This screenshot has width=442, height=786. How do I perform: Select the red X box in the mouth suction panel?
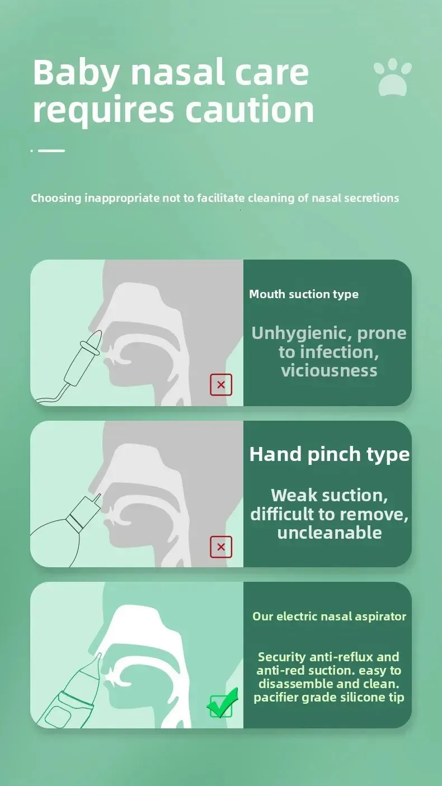tap(221, 385)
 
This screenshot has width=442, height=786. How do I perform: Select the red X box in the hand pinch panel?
tap(221, 547)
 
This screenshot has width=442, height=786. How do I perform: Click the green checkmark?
tap(223, 703)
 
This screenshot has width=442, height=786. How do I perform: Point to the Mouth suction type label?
tap(304, 294)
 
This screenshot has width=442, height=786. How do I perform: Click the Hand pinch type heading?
tap(330, 455)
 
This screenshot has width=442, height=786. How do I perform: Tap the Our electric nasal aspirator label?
tap(329, 616)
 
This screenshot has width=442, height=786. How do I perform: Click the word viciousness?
tap(329, 370)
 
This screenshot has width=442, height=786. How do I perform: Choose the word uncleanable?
tap(330, 533)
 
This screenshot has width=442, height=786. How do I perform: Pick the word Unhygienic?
tap(302, 333)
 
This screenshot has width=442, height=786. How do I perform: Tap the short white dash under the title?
tap(51, 150)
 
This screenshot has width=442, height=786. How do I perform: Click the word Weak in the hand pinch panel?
tap(294, 495)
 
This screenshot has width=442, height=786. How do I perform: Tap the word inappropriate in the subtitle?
tap(122, 199)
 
